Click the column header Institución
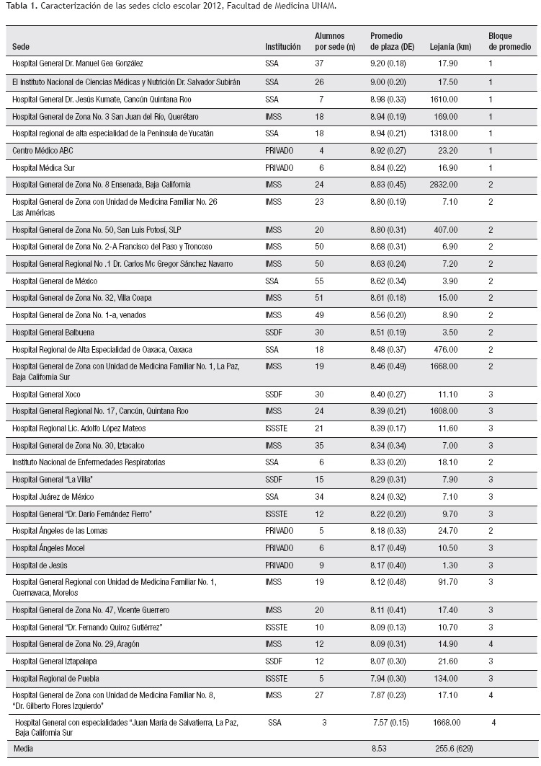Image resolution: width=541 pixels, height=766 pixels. [282, 46]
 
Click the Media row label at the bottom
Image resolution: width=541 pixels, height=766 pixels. [23, 749]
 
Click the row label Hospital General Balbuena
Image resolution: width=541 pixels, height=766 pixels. [53, 333]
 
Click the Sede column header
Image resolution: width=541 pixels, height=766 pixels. [21, 46]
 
